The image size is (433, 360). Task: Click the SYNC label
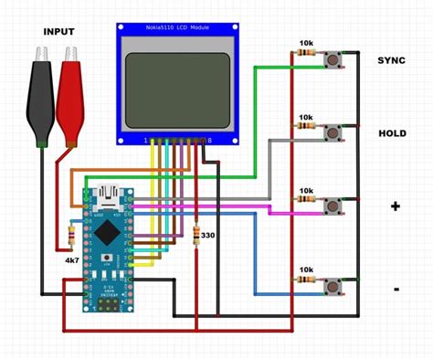pyautogui.click(x=392, y=60)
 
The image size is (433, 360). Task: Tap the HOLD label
pyautogui.click(x=392, y=133)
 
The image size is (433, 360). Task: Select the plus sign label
pyautogui.click(x=395, y=206)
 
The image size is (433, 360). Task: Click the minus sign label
pyautogui.click(x=396, y=290)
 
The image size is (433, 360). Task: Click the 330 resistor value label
pyautogui.click(x=207, y=236)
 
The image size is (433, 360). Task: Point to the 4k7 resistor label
pyautogui.click(x=70, y=260)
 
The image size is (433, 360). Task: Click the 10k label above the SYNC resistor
pyautogui.click(x=305, y=43)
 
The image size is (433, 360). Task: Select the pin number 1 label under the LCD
pyautogui.click(x=144, y=140)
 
